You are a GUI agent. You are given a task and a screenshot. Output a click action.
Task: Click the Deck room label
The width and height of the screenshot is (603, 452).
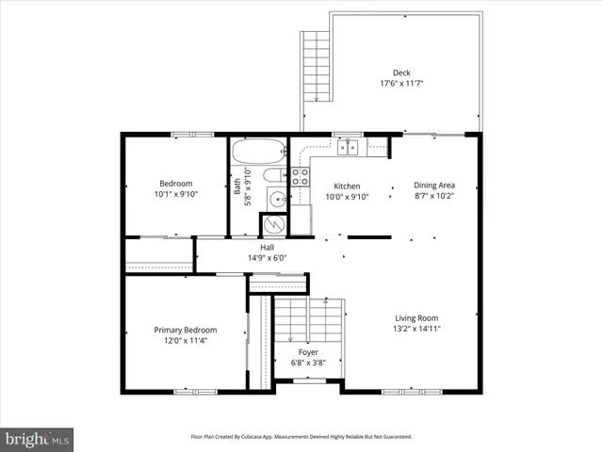point(401,73)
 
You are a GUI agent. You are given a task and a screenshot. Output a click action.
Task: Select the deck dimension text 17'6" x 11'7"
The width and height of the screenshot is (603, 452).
point(401,84)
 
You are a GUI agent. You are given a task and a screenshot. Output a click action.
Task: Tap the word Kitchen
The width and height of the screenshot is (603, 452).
point(347,186)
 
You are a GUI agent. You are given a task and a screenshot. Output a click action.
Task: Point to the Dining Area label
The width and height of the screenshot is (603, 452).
point(434,186)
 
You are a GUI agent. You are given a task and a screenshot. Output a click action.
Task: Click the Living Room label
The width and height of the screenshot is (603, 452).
point(416,318)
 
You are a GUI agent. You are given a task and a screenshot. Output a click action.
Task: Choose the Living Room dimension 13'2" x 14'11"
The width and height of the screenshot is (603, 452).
point(416,330)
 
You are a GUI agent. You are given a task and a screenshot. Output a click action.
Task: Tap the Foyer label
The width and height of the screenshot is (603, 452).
point(308,352)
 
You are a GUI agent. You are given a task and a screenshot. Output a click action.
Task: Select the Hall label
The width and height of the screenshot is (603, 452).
point(267,247)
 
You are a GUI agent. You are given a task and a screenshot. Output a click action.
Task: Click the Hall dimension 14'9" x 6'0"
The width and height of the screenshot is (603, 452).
point(267,257)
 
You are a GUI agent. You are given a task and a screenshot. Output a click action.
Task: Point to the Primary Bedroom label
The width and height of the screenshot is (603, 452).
point(186,330)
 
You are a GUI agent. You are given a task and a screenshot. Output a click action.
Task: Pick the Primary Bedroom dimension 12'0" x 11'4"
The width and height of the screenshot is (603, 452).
point(186,341)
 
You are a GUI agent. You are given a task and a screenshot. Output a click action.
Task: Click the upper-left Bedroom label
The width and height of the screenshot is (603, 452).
point(175,184)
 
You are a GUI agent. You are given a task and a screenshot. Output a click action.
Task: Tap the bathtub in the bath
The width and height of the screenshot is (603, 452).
point(258,152)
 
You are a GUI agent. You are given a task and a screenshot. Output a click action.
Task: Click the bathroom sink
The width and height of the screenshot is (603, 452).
point(276,199)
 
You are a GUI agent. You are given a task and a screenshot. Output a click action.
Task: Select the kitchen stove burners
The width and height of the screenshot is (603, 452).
point(300,176)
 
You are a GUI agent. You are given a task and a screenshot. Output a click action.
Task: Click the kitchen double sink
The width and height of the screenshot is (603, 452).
point(349,146)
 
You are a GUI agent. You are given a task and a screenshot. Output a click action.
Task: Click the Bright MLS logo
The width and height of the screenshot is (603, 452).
point(38,439)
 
